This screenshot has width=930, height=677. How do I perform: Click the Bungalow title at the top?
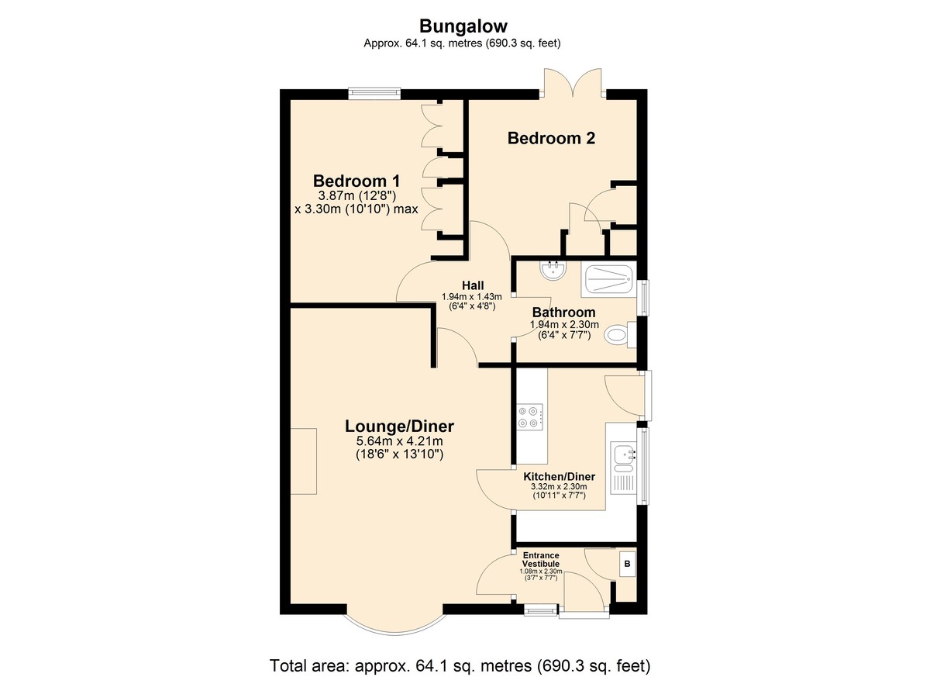point(463,26)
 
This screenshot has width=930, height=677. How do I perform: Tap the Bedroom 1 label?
point(356,181)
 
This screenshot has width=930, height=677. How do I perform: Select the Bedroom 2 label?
point(551,138)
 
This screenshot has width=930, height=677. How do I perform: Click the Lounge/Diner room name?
point(399,427)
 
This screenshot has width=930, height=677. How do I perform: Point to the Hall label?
point(473,285)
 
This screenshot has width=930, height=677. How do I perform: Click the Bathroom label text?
point(563,312)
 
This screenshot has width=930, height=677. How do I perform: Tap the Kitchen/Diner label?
point(559,476)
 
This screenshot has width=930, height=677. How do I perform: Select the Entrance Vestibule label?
point(541,559)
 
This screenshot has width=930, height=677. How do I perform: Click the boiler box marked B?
point(627,564)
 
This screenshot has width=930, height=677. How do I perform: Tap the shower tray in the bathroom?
point(608,279)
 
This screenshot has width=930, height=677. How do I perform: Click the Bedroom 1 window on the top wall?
point(374,94)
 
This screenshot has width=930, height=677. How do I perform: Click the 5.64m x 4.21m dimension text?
point(399,440)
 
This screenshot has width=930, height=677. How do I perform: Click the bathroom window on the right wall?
point(645,298)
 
